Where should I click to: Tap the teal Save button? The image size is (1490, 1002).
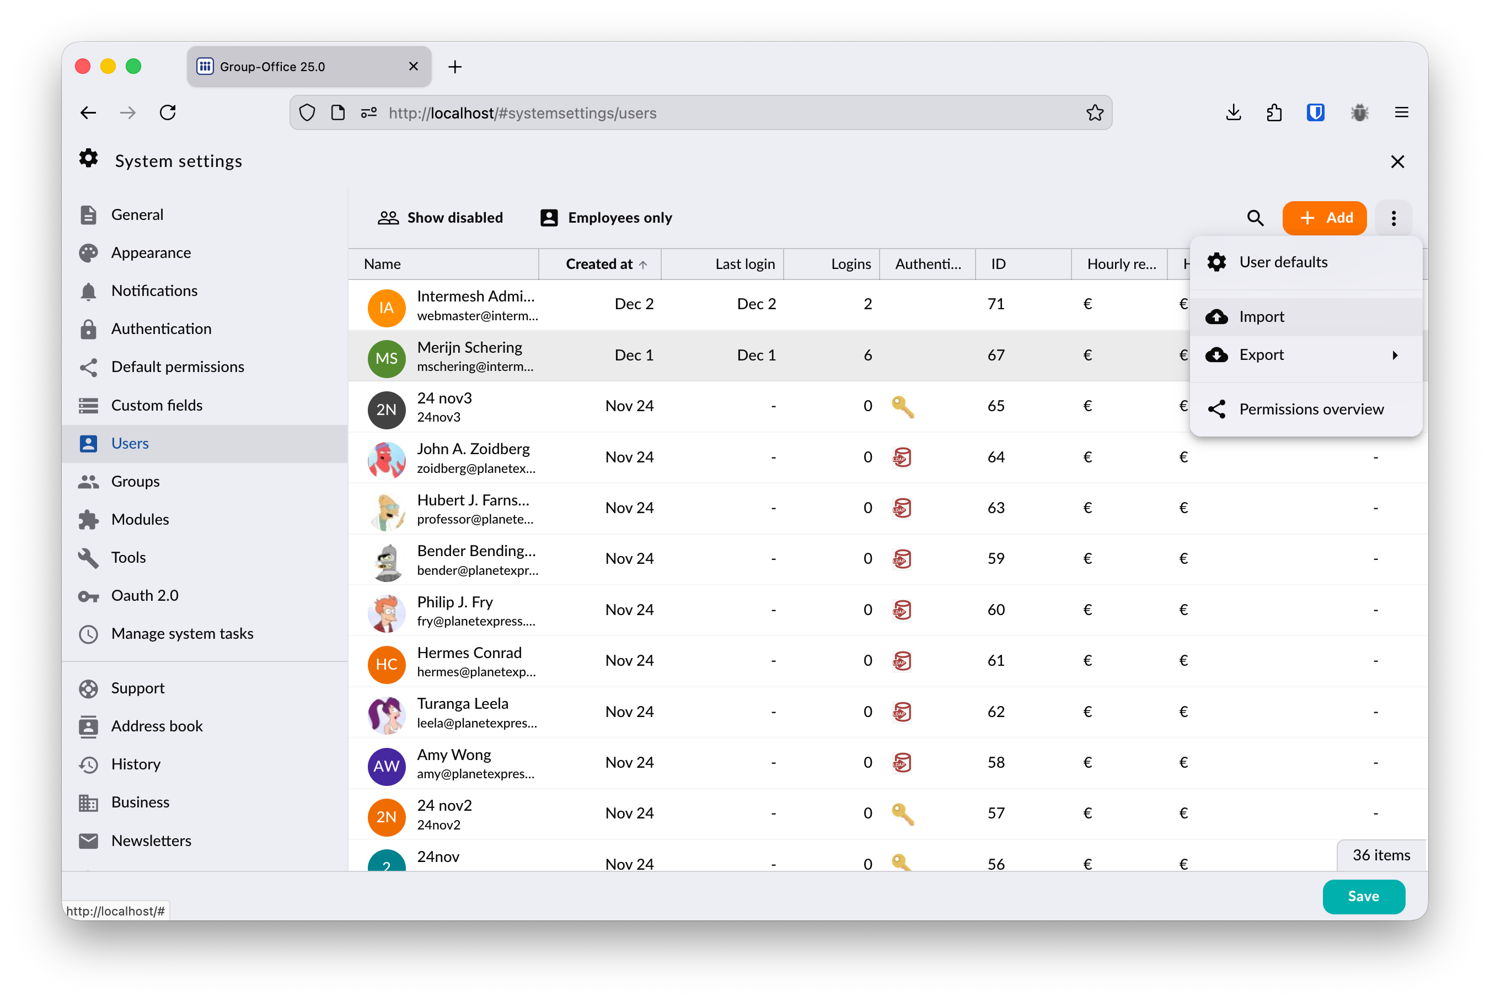[1363, 896]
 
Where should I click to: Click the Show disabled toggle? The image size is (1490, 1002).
[441, 218]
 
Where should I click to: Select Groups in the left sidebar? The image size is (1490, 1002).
[135, 481]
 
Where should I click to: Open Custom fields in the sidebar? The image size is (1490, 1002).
[157, 405]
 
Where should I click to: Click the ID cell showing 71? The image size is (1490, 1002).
[996, 304]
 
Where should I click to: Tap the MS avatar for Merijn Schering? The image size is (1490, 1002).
[386, 358]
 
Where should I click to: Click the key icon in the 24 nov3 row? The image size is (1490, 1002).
[902, 406]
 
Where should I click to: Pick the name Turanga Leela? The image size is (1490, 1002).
[462, 704]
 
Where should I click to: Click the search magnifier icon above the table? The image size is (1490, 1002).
[1255, 218]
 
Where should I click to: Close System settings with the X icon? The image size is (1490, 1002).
[1397, 161]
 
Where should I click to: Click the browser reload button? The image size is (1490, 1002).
[168, 112]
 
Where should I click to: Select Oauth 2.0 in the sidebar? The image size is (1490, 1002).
[144, 596]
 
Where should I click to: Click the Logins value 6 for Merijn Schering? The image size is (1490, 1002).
[867, 355]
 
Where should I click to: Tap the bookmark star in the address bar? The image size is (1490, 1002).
[1094, 112]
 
